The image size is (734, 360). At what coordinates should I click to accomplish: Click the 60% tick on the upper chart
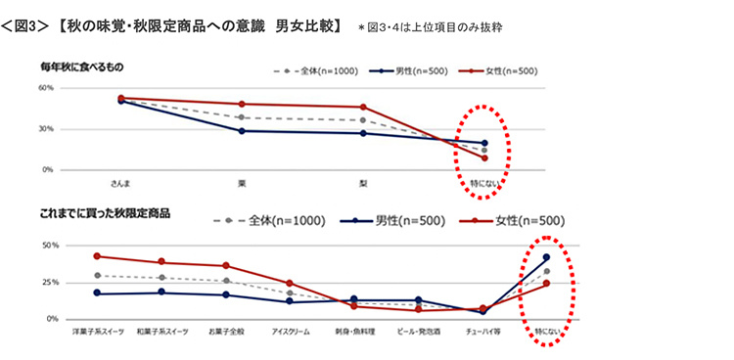45,87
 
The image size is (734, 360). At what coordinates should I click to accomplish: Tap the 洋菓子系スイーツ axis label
96,332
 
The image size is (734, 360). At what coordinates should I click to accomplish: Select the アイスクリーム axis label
290,332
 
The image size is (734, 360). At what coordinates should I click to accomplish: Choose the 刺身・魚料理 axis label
353,332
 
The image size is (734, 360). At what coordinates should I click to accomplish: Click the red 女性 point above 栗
242,104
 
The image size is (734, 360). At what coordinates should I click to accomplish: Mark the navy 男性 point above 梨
363,133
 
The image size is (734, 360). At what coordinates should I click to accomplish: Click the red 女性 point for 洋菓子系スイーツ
96,256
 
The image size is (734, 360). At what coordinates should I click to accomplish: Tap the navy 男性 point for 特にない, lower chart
546,256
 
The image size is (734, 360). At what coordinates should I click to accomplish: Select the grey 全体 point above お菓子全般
225,281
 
